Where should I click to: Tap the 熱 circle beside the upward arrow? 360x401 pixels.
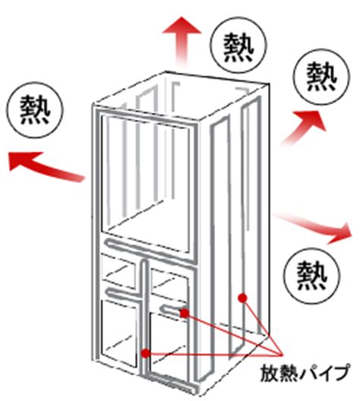pos(239,46)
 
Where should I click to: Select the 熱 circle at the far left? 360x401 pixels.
pos(35,110)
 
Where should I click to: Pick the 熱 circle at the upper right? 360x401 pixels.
pos(321,77)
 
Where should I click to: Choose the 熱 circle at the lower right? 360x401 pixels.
pos(312,276)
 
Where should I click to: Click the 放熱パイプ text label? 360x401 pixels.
pos(305,373)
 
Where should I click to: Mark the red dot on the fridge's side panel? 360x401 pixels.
pos(242,298)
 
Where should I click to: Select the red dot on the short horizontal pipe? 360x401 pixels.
pos(185,313)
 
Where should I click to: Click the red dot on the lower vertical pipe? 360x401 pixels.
pos(146,354)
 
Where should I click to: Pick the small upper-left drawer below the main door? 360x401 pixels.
pos(118,272)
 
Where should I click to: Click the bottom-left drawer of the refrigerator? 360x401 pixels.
pos(119,333)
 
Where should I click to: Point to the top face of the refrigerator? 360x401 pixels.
pos(181,96)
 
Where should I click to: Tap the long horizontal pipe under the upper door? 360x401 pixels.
pos(151,253)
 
